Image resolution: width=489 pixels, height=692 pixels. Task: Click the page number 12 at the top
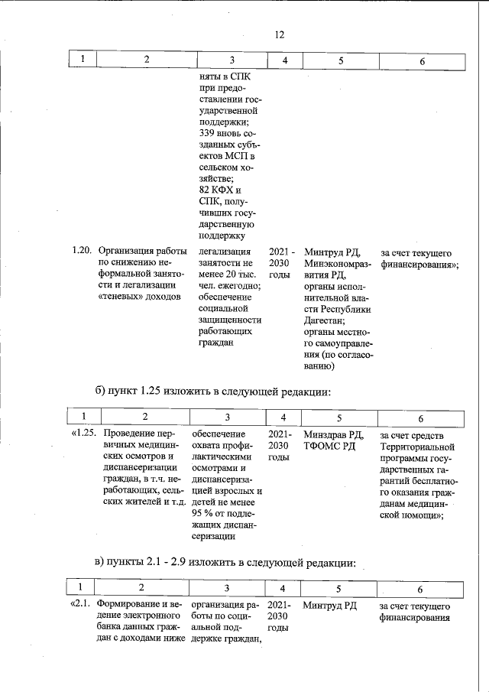point(279,34)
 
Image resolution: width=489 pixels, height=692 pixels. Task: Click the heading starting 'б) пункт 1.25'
point(212,392)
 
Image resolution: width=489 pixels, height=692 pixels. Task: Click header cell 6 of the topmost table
point(422,60)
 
